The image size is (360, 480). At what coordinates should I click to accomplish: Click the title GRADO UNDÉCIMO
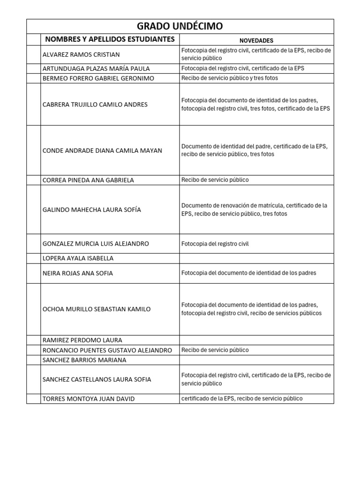tap(180, 26)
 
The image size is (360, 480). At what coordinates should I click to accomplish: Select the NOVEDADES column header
tap(256, 41)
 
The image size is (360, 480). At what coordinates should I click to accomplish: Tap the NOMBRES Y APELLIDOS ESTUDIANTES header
tap(110, 39)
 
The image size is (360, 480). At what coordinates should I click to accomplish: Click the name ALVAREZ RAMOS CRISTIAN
tap(81, 54)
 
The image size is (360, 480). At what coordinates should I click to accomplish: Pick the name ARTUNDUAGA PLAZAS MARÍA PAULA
tap(96, 68)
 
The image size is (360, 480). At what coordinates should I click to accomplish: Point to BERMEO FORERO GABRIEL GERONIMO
tap(98, 78)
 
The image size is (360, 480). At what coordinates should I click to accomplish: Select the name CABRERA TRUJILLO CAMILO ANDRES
tap(95, 105)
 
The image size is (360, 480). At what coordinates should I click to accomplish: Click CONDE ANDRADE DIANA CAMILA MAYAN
tap(102, 150)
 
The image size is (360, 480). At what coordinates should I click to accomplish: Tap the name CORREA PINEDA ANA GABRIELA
tap(88, 180)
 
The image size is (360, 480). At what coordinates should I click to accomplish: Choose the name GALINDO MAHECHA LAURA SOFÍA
tap(91, 210)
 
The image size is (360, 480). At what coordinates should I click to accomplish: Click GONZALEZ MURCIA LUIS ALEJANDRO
tap(96, 244)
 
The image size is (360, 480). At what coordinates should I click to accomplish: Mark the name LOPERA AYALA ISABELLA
tap(78, 258)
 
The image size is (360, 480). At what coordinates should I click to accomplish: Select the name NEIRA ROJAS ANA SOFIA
tap(77, 273)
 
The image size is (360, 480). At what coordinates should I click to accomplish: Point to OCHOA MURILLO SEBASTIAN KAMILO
tap(97, 309)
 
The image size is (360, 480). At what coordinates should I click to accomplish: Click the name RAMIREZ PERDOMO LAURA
tap(82, 340)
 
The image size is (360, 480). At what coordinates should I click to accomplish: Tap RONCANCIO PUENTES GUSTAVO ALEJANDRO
tap(107, 350)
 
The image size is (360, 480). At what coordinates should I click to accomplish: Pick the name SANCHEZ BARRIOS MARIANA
tap(84, 360)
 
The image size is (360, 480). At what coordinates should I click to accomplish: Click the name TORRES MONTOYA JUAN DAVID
tap(88, 399)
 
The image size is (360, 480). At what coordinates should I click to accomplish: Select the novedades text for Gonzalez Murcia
tap(215, 244)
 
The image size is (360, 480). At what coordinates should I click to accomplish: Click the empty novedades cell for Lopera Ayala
tap(256, 258)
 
